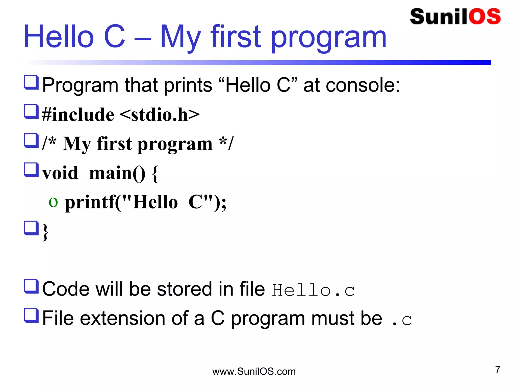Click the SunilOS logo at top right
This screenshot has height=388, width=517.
455,17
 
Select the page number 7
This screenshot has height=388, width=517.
498,370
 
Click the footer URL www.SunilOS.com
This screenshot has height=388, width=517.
254,372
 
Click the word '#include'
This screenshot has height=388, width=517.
78,115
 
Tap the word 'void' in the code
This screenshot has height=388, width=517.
60,173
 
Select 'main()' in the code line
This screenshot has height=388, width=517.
117,173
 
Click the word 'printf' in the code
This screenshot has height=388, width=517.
90,203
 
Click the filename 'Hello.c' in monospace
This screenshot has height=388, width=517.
313,290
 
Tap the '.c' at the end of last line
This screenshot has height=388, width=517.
402,320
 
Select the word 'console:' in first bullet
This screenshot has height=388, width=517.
363,85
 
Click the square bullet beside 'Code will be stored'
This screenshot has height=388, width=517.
31,286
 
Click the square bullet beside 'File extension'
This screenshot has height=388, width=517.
31,316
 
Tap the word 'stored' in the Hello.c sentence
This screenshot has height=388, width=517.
185,289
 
